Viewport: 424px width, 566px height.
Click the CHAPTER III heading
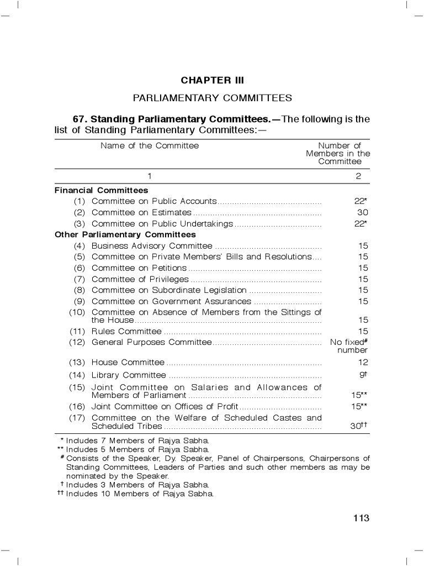point(212,80)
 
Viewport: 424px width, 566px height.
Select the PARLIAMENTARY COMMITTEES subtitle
point(212,98)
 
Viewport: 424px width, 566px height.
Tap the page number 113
point(361,518)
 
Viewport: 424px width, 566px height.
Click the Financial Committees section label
point(101,190)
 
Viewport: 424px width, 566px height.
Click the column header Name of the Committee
point(150,146)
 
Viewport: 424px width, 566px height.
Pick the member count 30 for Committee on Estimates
point(362,212)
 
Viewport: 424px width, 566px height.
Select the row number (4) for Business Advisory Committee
point(80,246)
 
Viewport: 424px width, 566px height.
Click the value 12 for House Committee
point(362,363)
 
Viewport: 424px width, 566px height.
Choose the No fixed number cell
point(349,346)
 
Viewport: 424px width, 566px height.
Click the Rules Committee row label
point(126,332)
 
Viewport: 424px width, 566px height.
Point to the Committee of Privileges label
point(140,279)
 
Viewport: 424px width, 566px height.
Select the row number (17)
point(77,418)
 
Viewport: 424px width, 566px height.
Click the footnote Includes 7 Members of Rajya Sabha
point(137,441)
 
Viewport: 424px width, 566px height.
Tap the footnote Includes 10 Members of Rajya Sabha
point(140,493)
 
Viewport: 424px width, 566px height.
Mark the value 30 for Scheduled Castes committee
point(358,427)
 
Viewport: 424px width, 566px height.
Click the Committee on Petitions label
point(139,268)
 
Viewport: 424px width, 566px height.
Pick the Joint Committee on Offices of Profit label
point(165,406)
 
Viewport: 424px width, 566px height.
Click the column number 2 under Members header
point(358,176)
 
